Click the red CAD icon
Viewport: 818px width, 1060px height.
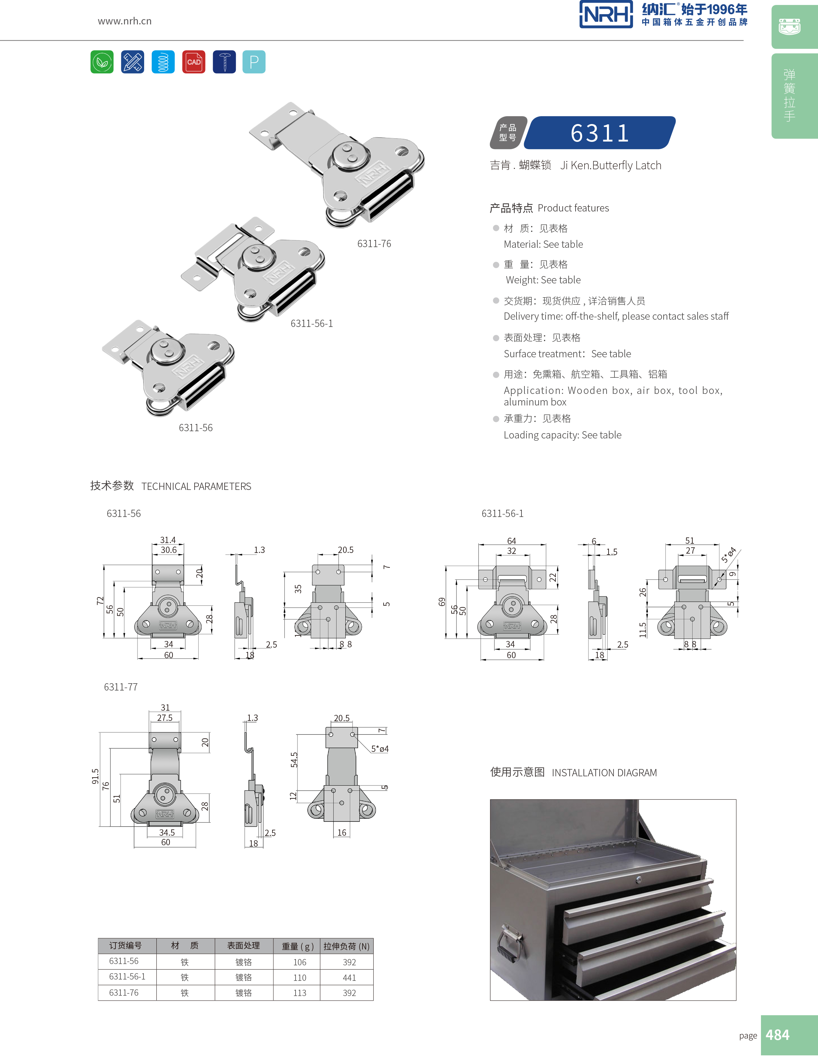tap(194, 62)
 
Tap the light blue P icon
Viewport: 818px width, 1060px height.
tap(254, 62)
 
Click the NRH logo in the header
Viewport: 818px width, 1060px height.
tap(606, 15)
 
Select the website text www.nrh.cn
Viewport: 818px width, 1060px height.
tap(125, 21)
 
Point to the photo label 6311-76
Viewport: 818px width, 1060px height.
tap(374, 244)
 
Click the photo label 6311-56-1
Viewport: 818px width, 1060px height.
tap(311, 323)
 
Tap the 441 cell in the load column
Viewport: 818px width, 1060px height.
tap(349, 978)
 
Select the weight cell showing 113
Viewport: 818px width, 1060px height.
tap(299, 993)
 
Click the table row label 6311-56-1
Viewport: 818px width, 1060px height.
tap(127, 977)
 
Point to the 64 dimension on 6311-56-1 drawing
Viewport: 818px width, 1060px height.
tap(511, 541)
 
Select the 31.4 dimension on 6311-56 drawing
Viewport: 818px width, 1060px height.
tap(168, 540)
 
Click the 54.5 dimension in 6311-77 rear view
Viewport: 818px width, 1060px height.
tap(294, 759)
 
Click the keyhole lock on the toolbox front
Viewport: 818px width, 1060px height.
tap(639, 880)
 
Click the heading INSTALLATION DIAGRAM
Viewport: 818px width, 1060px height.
tap(604, 773)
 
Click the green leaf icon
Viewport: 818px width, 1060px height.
tap(102, 62)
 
